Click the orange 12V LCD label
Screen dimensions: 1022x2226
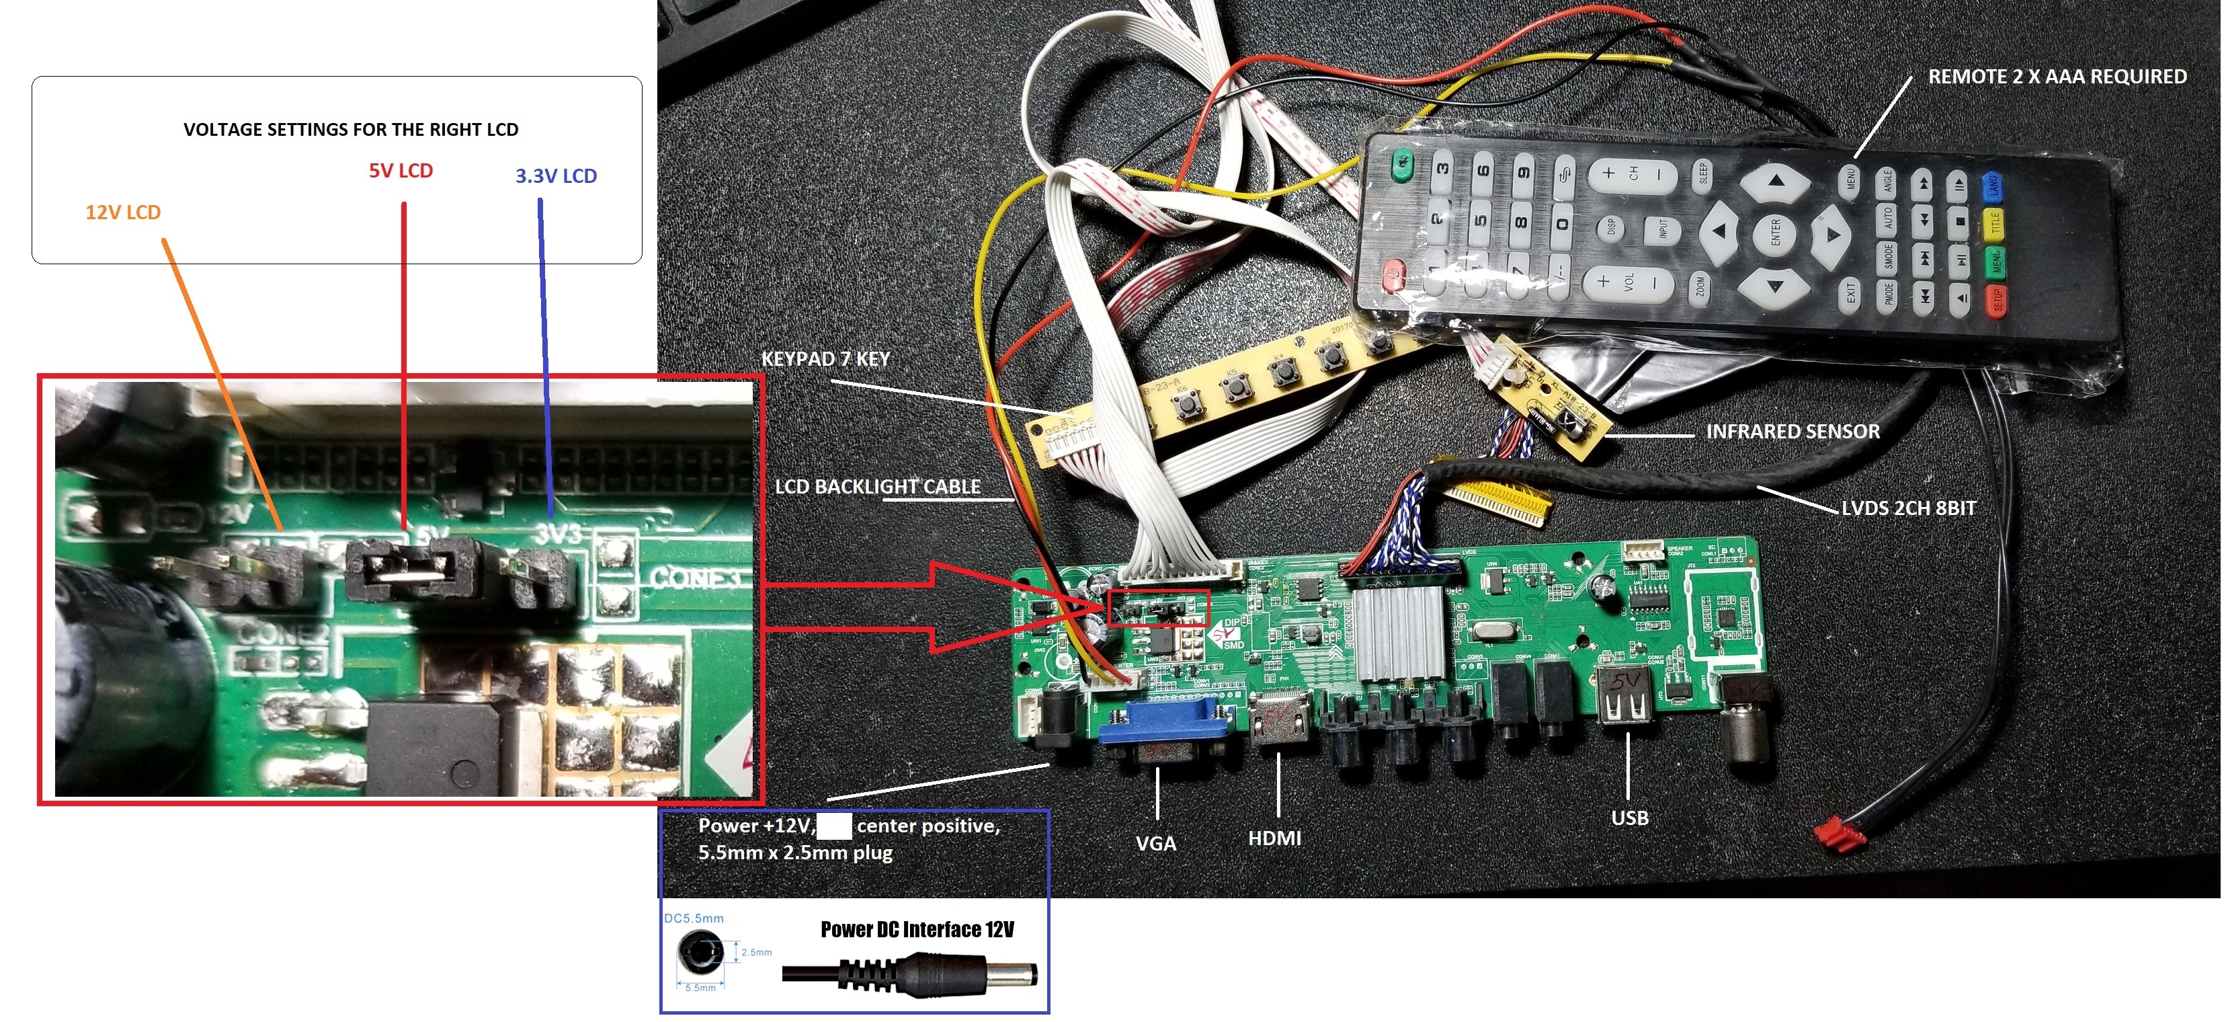pyautogui.click(x=123, y=212)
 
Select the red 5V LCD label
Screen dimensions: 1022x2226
pyautogui.click(x=401, y=171)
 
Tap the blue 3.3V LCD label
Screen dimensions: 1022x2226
pyautogui.click(x=556, y=176)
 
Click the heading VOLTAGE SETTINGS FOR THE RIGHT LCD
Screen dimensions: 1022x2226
pyautogui.click(x=351, y=130)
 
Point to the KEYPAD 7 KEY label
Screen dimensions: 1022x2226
pyautogui.click(x=825, y=359)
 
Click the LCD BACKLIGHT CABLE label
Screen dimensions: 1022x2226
pyautogui.click(x=877, y=487)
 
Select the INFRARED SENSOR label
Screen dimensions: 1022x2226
pyautogui.click(x=1792, y=432)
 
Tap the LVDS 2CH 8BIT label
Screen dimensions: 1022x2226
pyautogui.click(x=1908, y=508)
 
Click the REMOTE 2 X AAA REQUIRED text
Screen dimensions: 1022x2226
pyautogui.click(x=2057, y=77)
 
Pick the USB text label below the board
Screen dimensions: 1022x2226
pyautogui.click(x=1629, y=818)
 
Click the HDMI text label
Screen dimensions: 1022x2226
pyautogui.click(x=1274, y=838)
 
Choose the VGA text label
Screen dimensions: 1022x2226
pyautogui.click(x=1155, y=843)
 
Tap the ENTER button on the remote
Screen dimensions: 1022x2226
pyautogui.click(x=1775, y=232)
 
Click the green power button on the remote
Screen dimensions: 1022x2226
pyautogui.click(x=1403, y=161)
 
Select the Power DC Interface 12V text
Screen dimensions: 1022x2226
pyautogui.click(x=917, y=929)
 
